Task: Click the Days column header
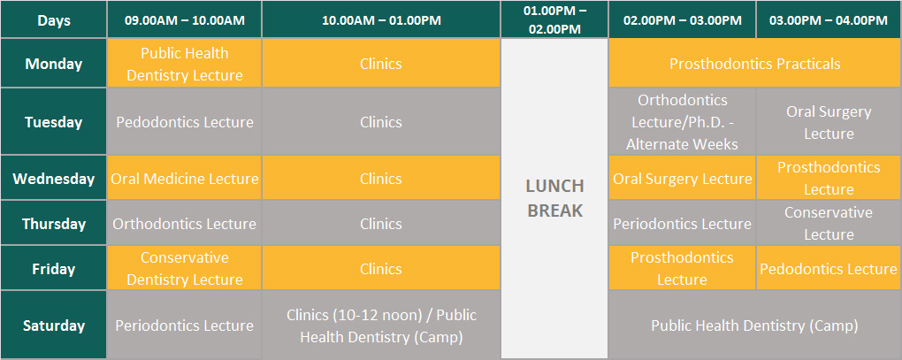pos(53,19)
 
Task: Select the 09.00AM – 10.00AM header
pos(185,19)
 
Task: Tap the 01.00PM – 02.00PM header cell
pos(554,19)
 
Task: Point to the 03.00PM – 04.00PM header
pos(829,19)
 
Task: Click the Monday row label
pos(53,64)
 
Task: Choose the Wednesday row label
pos(53,179)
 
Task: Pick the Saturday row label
pos(53,326)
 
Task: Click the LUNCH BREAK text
pos(554,198)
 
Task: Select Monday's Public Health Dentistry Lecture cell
pos(185,64)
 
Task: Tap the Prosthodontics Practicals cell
pos(754,64)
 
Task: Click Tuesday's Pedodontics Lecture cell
pos(185,122)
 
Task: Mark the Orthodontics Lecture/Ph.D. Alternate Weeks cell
pos(683,122)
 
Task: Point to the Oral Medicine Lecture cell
pos(185,179)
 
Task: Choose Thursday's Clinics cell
pos(381,223)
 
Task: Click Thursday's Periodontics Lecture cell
pos(683,223)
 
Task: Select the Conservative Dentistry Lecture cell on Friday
pos(185,268)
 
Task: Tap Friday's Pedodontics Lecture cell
pos(829,268)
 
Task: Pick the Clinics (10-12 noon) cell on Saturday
pos(381,326)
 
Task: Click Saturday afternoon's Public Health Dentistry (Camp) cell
pos(754,326)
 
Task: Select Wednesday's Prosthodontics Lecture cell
pos(829,179)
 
